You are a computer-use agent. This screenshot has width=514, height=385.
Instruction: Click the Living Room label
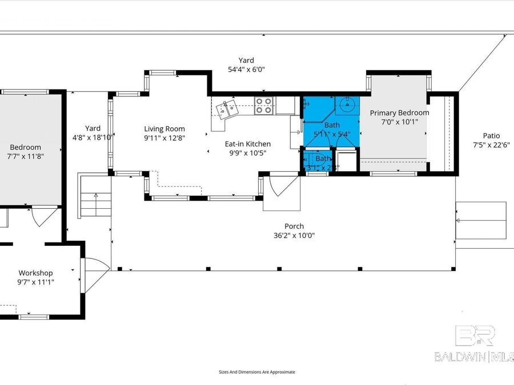(x=164, y=129)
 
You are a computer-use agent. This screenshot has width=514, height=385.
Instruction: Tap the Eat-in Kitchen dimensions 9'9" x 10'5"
(x=247, y=152)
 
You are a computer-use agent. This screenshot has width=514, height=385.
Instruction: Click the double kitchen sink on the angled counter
(x=227, y=108)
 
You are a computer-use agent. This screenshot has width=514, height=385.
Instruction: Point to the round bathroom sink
(x=347, y=104)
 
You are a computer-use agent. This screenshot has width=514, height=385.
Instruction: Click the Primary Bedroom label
(x=399, y=113)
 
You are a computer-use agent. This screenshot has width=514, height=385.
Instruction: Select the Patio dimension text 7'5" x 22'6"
(x=491, y=144)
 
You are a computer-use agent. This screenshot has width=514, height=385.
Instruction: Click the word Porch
(x=295, y=226)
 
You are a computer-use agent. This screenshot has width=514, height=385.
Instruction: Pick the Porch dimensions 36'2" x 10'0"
(x=295, y=235)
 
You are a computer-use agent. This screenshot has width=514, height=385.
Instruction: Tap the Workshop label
(x=35, y=273)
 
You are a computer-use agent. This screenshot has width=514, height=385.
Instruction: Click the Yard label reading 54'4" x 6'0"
(x=246, y=69)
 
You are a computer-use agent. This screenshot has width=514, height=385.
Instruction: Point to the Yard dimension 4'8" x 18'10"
(x=93, y=137)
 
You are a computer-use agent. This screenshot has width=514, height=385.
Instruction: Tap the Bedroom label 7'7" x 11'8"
(x=26, y=156)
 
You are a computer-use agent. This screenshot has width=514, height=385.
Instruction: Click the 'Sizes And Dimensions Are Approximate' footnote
(x=257, y=372)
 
